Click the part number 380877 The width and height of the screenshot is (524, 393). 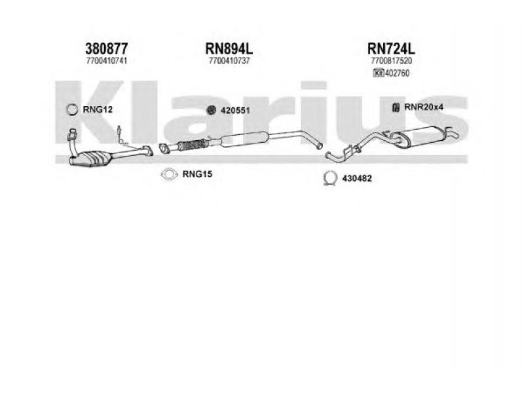[x=106, y=48]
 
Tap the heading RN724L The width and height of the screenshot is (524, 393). [x=392, y=48]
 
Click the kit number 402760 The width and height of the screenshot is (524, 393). [x=398, y=73]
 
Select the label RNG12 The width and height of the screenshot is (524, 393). [x=99, y=109]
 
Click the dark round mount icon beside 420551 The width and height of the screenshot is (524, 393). [x=212, y=110]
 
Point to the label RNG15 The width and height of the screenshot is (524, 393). [x=196, y=174]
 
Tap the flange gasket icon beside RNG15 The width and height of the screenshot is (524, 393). [x=170, y=174]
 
